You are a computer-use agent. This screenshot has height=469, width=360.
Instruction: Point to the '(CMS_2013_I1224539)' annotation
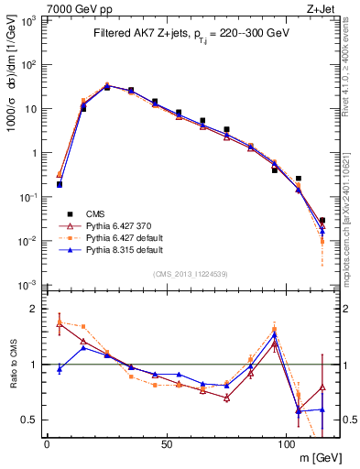(x=190, y=272)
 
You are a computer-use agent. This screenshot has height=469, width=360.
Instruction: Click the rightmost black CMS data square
(x=322, y=220)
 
